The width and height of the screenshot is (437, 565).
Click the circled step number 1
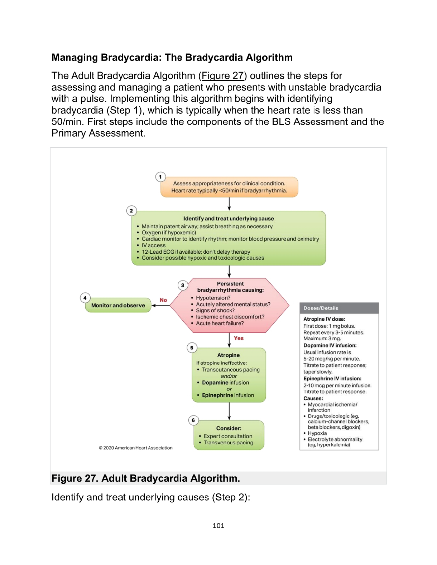coord(160,177)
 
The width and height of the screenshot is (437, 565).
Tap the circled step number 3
coord(183,285)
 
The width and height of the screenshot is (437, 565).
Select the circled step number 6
coord(193,420)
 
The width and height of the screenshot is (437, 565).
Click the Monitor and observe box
coord(118,305)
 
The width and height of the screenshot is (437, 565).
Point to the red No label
coord(163,300)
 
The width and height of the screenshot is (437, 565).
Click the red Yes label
coord(239,338)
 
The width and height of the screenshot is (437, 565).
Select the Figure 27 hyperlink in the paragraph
coord(222,76)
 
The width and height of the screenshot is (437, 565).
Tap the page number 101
coord(218,526)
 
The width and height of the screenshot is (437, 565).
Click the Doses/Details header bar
coord(339,308)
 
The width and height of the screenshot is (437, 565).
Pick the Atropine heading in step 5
coord(229,355)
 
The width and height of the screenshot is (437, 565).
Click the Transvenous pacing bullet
coord(228,443)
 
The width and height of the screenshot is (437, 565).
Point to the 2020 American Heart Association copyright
coord(136,448)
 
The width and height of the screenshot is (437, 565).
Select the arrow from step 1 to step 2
coord(229,204)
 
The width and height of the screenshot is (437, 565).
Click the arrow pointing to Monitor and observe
coord(160,306)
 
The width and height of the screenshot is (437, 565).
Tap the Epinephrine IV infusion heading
coord(332,379)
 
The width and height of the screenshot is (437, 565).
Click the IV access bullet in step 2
coord(153,245)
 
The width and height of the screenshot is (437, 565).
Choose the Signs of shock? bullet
coord(215,311)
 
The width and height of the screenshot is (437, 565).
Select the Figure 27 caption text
coord(146,478)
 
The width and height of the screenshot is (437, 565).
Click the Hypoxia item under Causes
coord(317,433)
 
